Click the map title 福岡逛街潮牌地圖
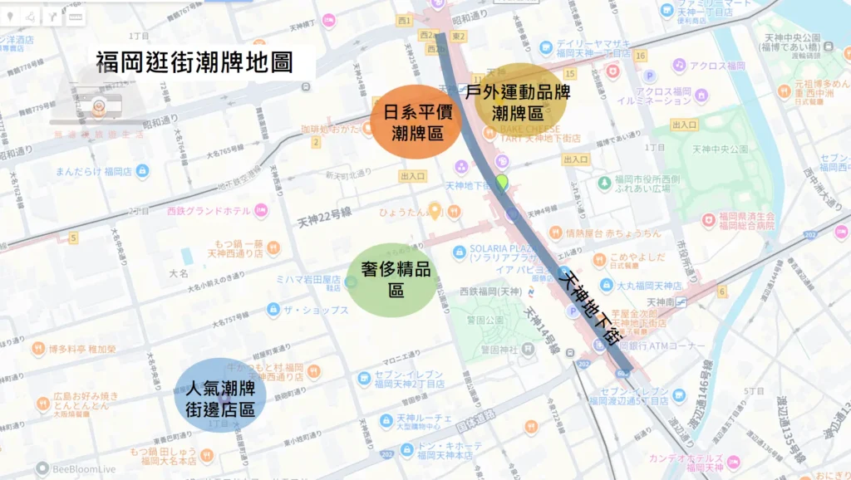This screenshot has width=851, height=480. click(194, 62)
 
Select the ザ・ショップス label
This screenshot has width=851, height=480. click(316, 310)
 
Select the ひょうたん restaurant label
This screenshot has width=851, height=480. click(402, 213)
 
